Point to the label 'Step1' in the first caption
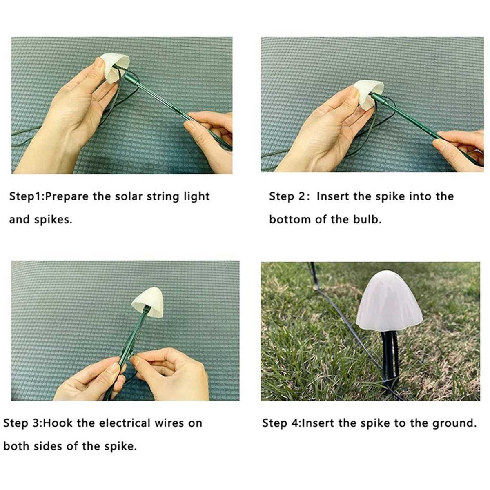(x=25, y=196)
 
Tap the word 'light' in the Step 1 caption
(x=196, y=196)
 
